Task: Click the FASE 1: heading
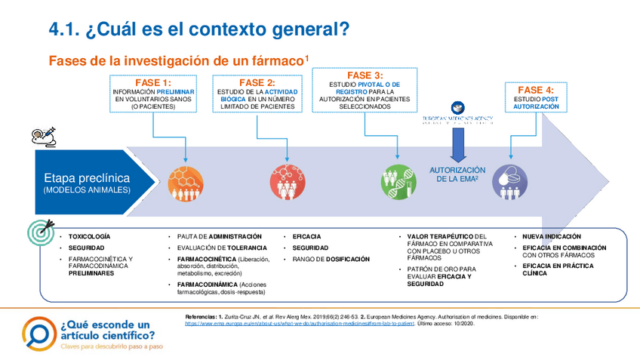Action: (x=153, y=82)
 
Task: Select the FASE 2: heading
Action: (x=257, y=82)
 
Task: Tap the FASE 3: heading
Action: (x=365, y=75)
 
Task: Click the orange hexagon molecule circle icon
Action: (x=181, y=181)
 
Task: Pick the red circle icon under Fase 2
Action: (x=287, y=181)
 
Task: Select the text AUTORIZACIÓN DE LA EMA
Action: (x=457, y=175)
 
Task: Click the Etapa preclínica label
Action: (x=87, y=178)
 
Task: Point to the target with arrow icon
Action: (x=41, y=232)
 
